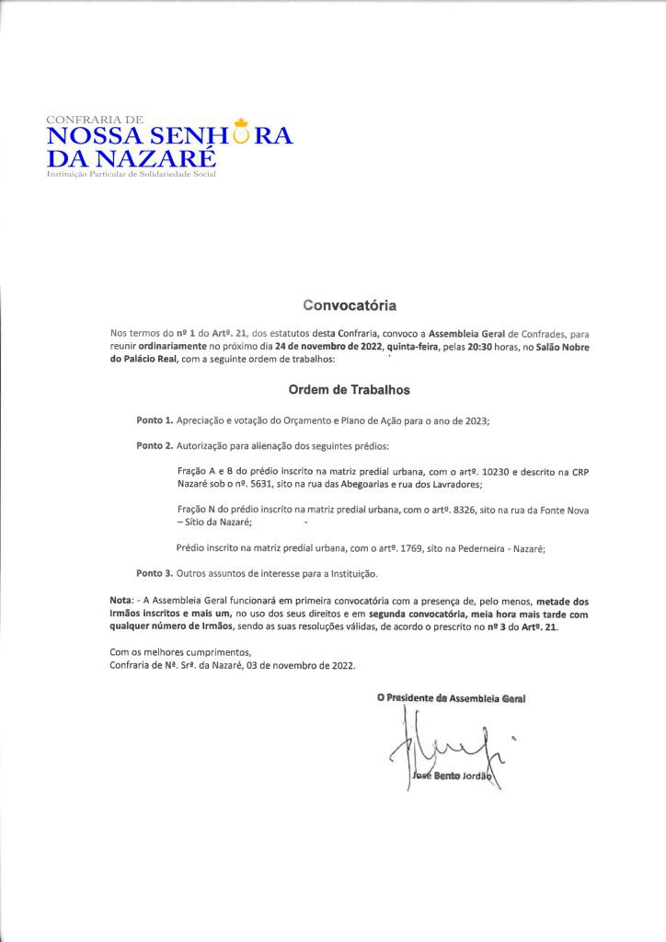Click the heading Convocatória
350,303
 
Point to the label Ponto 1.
154,420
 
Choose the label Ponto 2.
154,446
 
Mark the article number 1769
405,548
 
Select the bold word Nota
121,601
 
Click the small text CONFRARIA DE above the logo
94,120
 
